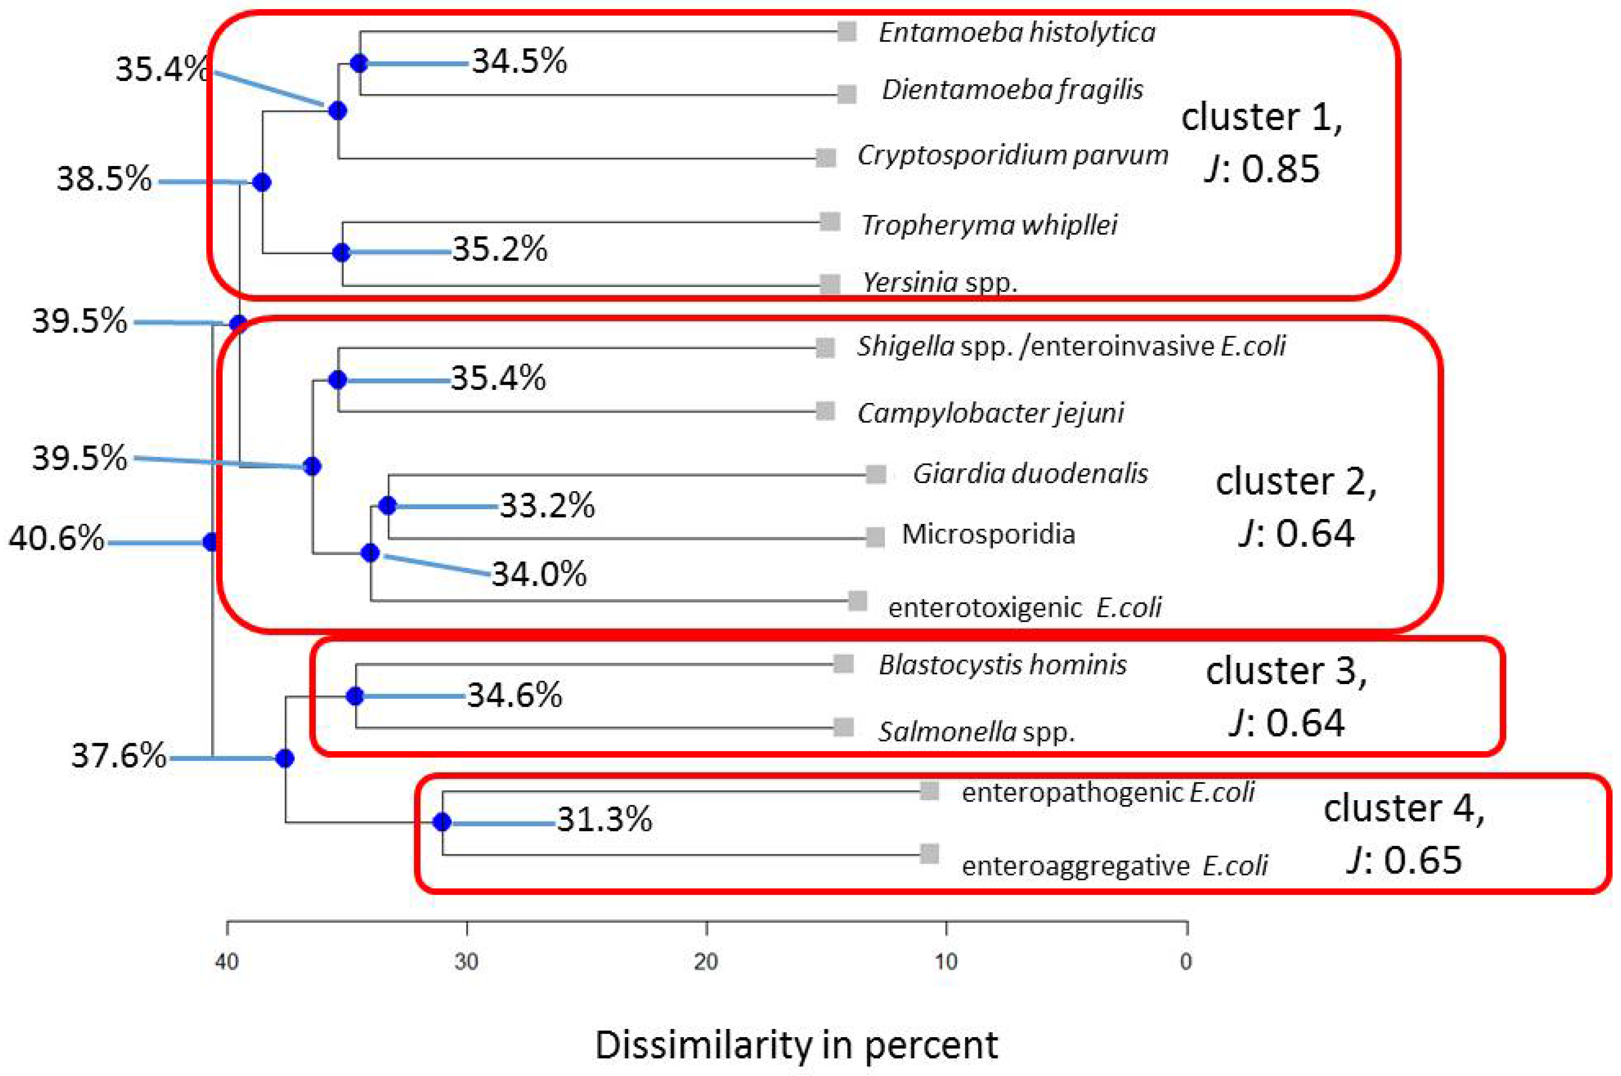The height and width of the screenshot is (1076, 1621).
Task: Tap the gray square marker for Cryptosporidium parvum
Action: pyautogui.click(x=825, y=157)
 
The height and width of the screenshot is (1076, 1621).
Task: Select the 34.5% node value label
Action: pyautogui.click(x=520, y=62)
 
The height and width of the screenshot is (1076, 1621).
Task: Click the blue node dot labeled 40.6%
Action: pyautogui.click(x=211, y=542)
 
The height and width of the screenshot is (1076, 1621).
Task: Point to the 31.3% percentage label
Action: pyautogui.click(x=604, y=819)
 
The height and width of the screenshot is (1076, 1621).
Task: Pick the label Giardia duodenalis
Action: pyautogui.click(x=1029, y=473)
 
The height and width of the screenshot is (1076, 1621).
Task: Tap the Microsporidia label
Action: pyautogui.click(x=988, y=534)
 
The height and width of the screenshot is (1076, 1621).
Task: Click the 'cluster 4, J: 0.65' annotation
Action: pyautogui.click(x=1404, y=834)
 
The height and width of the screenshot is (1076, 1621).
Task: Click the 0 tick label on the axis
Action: pyautogui.click(x=1186, y=961)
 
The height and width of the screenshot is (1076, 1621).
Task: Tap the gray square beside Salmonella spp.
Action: pyautogui.click(x=844, y=727)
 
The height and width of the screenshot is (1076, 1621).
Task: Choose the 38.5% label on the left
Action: pyautogui.click(x=104, y=179)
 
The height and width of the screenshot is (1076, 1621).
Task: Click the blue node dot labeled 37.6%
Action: pyautogui.click(x=285, y=758)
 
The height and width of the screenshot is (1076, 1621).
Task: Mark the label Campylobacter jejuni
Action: pyautogui.click(x=990, y=413)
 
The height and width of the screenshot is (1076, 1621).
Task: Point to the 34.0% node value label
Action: pyautogui.click(x=539, y=574)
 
